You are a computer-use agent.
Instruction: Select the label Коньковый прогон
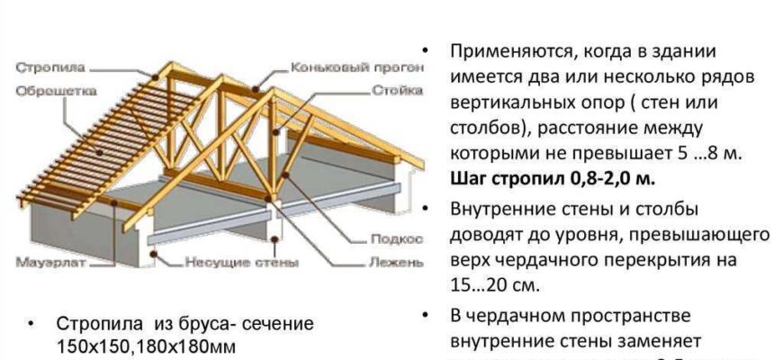pyautogui.click(x=337, y=67)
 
